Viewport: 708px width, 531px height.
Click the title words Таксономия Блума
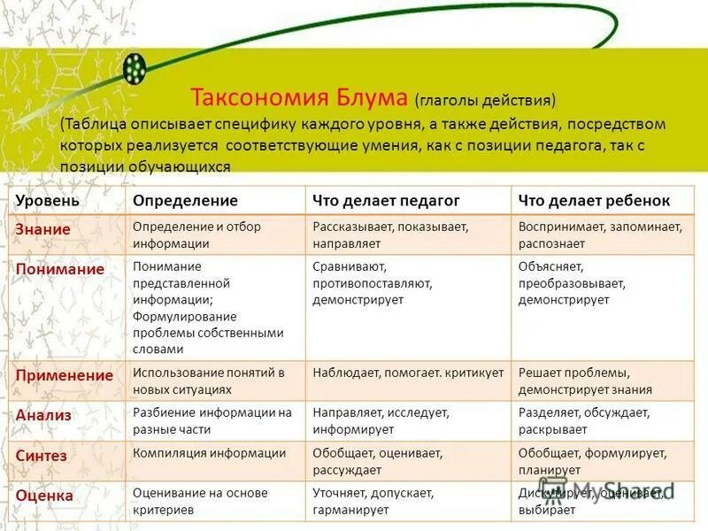point(299,96)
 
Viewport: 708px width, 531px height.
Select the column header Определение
point(185,201)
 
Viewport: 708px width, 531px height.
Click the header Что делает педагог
point(386,201)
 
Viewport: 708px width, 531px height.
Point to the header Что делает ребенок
point(594,201)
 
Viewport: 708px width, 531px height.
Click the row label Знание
point(42,229)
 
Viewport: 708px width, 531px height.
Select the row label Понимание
point(59,269)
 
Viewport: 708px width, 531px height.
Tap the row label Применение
point(65,375)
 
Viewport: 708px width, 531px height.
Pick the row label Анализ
point(44,414)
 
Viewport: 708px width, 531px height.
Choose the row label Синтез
point(42,455)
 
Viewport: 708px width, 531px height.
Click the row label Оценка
point(44,496)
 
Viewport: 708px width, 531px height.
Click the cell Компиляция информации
point(210,453)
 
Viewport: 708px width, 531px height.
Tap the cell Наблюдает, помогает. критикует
point(408,373)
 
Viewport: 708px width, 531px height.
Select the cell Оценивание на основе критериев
point(200,502)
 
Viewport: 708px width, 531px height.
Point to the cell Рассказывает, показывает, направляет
point(390,235)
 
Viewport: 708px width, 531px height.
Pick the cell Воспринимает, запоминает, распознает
point(600,235)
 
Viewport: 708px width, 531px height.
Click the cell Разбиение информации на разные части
point(212,420)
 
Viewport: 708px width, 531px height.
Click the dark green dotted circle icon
point(135,68)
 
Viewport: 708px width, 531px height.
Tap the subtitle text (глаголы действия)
point(485,98)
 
